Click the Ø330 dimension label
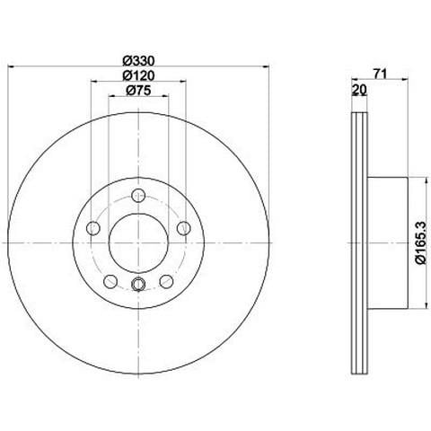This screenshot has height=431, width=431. click(138, 61)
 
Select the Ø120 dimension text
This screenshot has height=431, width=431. click(138, 75)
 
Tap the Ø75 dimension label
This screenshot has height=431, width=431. click(138, 90)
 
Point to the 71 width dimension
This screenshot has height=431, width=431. click(380, 74)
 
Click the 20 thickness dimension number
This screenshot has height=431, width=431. click(359, 90)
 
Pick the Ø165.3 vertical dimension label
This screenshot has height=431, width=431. click(420, 242)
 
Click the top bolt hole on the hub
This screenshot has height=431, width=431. click(138, 196)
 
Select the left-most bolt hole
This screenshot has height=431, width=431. click(92, 229)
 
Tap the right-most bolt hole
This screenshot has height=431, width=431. click(184, 229)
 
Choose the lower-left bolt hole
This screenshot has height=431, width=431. click(110, 281)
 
